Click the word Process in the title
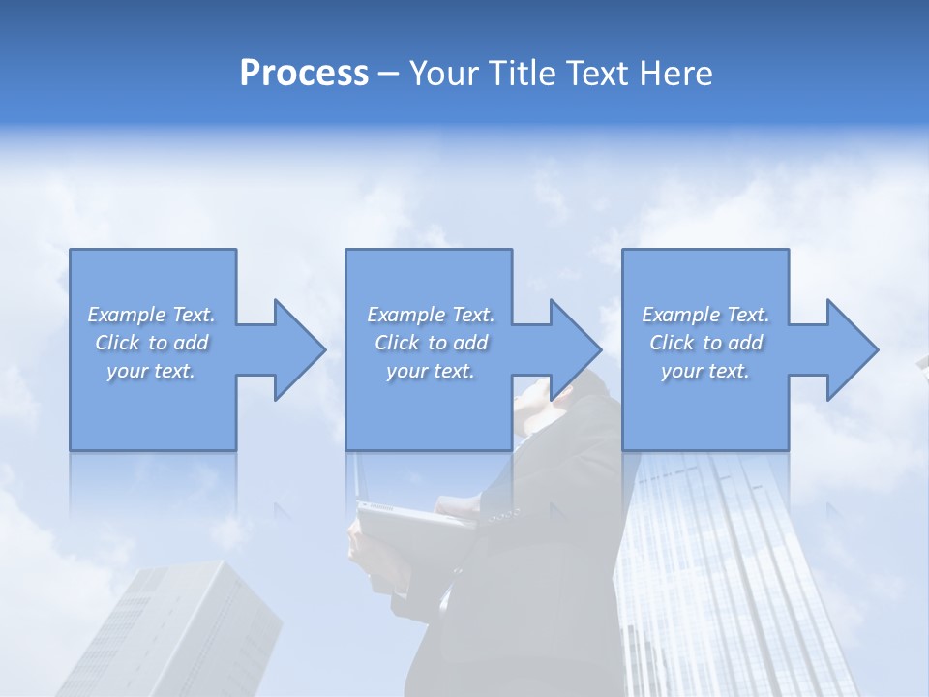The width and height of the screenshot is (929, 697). (304, 74)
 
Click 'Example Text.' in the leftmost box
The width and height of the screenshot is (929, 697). (151, 315)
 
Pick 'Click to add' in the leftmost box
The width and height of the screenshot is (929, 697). (151, 343)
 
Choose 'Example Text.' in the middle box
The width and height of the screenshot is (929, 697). (431, 315)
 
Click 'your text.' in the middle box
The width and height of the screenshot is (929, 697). (431, 371)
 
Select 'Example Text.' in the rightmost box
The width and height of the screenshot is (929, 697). (705, 315)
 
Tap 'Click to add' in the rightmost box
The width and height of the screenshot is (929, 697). (705, 343)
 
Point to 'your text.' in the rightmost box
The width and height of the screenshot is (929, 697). (705, 371)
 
